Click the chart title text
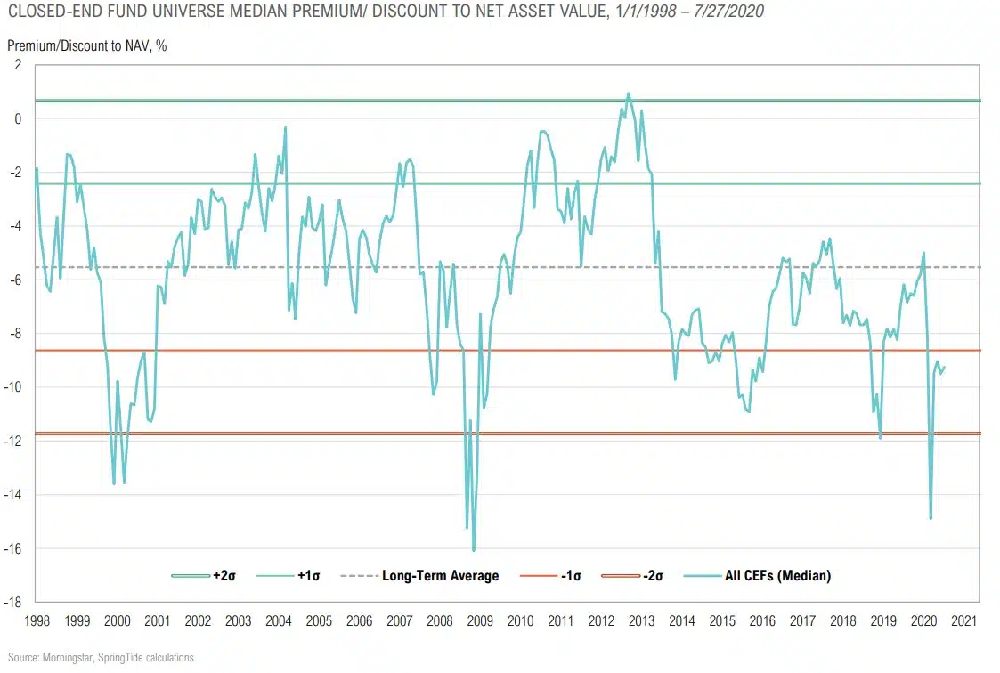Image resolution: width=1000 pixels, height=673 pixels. pos(384,12)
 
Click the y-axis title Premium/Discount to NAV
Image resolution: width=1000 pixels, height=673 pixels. pos(87,45)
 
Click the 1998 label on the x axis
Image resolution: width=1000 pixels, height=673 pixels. pos(37,620)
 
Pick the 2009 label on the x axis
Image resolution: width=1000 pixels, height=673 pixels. pos(480,620)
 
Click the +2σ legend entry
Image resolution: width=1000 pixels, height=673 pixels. pos(205,576)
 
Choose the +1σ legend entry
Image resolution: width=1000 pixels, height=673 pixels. pos(289,576)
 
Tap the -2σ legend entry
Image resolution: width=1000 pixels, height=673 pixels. pos(635,576)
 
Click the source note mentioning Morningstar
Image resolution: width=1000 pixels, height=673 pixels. pos(97,658)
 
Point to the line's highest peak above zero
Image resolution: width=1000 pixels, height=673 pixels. pos(628,93)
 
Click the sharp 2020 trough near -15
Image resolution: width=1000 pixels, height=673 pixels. pos(931,518)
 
